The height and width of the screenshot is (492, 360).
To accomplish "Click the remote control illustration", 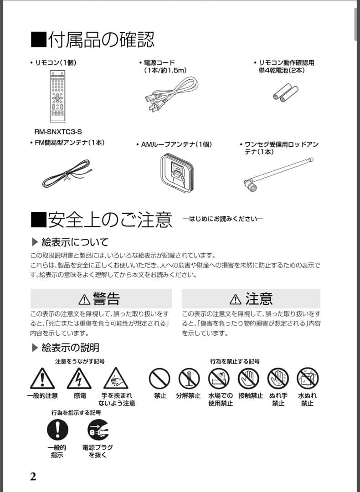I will click(57, 96).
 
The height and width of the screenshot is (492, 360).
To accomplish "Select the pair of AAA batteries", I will click(285, 92).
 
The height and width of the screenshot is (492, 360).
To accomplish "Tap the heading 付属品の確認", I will click(93, 40).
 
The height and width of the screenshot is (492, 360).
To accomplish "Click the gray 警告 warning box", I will click(101, 298).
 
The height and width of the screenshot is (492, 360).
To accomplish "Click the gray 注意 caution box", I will click(251, 298).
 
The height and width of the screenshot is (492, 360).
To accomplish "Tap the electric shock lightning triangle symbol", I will click(79, 378).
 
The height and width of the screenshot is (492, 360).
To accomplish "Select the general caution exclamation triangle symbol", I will click(42, 378).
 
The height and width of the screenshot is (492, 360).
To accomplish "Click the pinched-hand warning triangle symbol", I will click(116, 378).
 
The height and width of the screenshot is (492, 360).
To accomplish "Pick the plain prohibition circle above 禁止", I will click(159, 378).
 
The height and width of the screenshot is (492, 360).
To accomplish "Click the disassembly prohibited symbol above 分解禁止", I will click(189, 378).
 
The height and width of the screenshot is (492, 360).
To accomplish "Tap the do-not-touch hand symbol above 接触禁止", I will click(248, 378).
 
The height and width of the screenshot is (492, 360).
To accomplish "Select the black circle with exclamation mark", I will click(57, 430).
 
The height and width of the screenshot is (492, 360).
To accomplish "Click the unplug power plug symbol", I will click(98, 430).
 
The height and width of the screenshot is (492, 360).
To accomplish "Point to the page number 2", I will click(33, 477).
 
